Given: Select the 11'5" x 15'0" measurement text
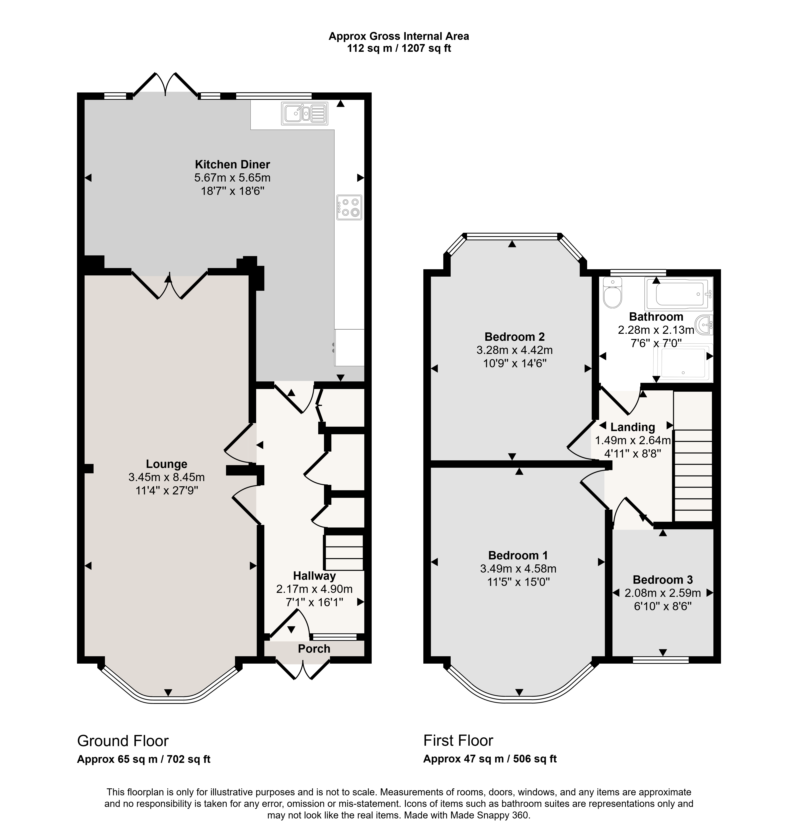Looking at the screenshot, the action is pyautogui.click(x=519, y=582).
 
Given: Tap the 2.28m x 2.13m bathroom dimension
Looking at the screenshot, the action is pyautogui.click(x=656, y=330).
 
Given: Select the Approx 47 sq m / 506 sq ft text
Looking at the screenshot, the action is pyautogui.click(x=490, y=759).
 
